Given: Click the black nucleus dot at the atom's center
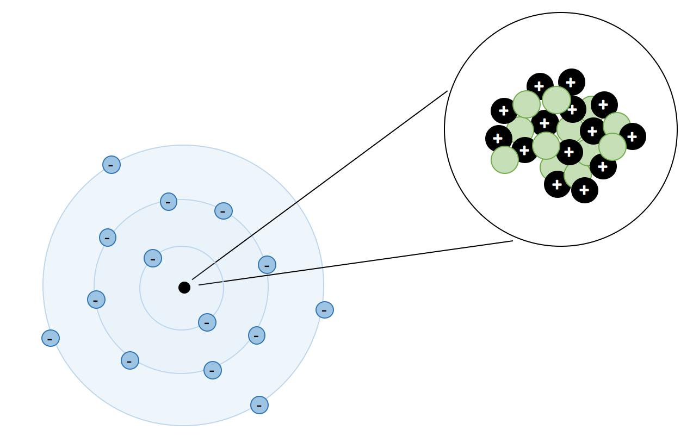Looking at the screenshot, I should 184,288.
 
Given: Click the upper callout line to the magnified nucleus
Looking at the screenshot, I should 320,185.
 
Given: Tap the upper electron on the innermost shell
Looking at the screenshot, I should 153,258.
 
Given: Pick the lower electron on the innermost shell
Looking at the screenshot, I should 207,322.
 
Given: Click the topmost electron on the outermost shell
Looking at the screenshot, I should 112,165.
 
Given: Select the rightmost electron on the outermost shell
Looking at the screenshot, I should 325,310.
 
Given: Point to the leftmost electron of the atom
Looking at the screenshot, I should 51,338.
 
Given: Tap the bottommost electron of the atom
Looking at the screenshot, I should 259,405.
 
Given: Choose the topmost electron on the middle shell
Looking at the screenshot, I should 169,202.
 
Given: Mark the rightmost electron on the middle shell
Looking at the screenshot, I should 267,265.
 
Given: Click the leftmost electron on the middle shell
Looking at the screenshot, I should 96,300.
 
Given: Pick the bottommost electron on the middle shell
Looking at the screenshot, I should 213,370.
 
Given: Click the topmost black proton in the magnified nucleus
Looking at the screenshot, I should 572,82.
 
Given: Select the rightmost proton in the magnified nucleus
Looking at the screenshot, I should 633,136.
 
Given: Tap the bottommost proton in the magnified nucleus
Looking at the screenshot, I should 585,190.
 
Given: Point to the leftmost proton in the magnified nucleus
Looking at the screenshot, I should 499,139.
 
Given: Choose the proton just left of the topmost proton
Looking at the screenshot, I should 540,86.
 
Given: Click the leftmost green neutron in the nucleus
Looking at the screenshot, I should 505,160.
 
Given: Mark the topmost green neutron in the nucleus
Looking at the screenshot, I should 556,100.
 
